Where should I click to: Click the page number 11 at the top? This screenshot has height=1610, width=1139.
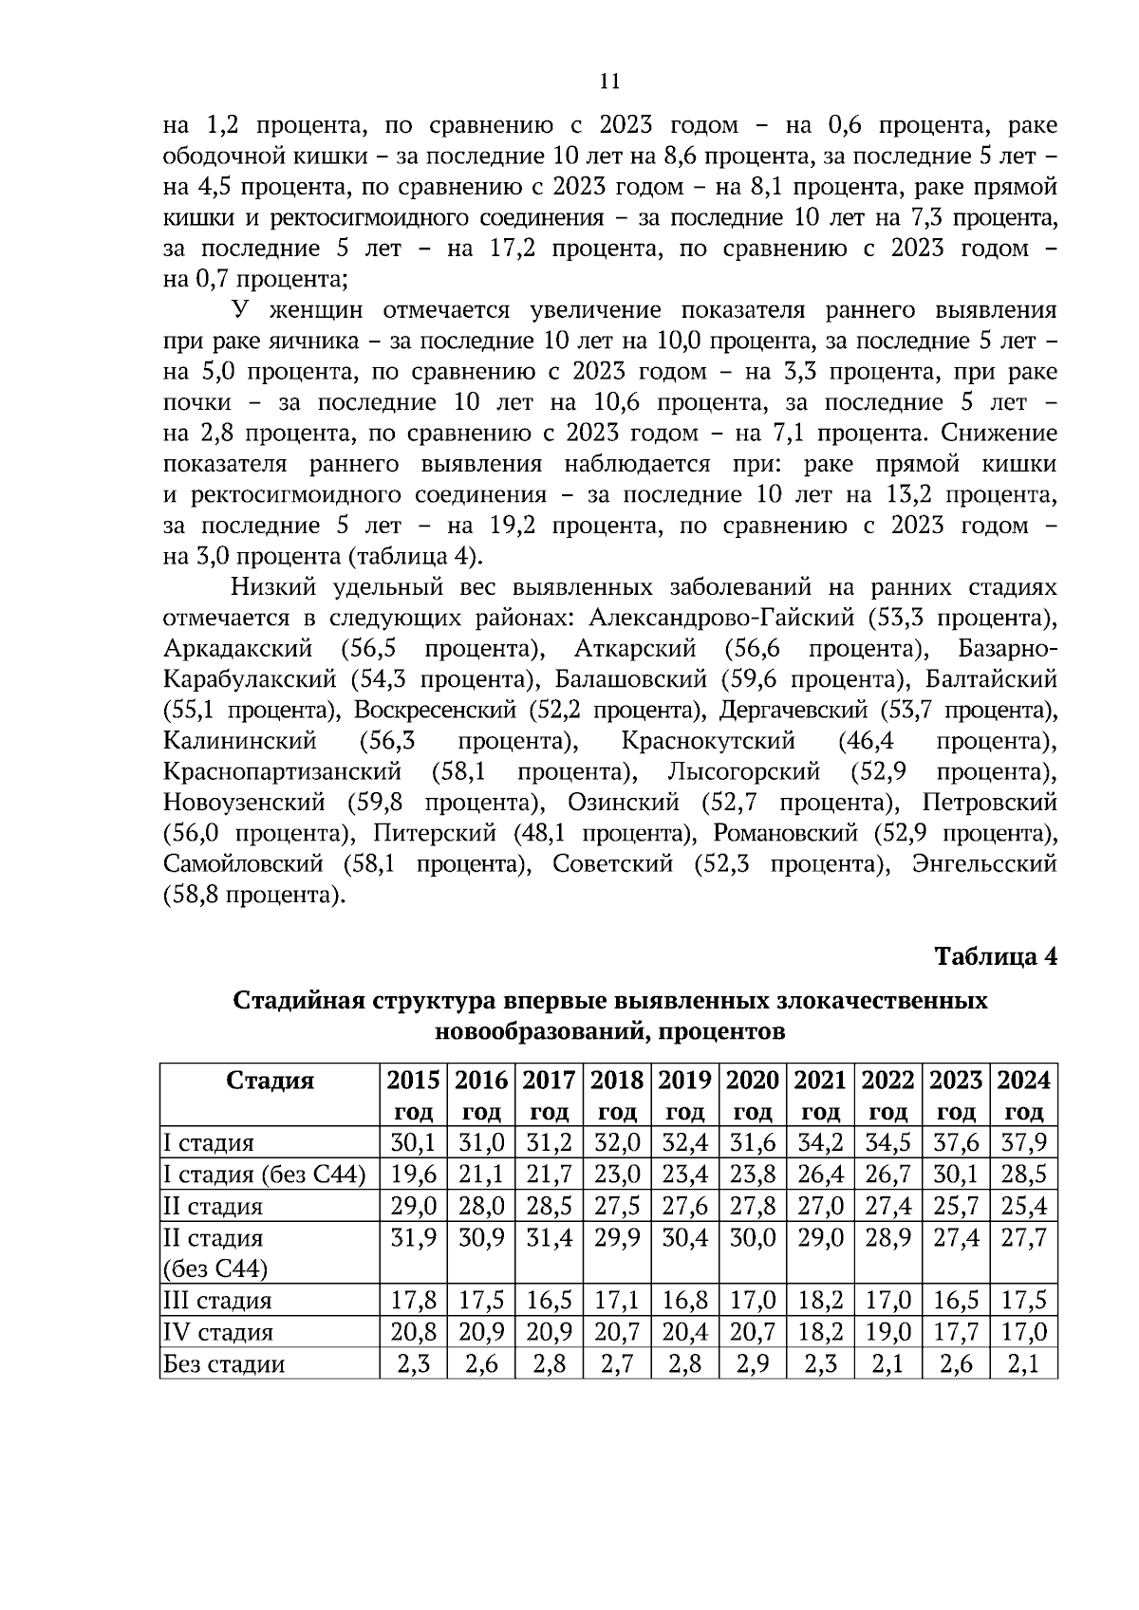click(610, 82)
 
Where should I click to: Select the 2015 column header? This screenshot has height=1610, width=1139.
click(413, 1095)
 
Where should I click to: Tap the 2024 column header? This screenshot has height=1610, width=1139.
click(1023, 1095)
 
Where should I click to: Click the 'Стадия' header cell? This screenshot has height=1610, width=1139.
click(271, 1081)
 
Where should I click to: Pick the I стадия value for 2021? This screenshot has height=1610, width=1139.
click(820, 1142)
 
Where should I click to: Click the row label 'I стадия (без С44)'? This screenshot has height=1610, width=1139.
click(265, 1175)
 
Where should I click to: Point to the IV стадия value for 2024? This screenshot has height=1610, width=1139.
click(1023, 1331)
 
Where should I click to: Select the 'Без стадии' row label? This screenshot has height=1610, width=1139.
click(225, 1363)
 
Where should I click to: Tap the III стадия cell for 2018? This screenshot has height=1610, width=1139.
click(617, 1300)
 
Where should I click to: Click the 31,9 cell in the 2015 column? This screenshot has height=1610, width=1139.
click(413, 1237)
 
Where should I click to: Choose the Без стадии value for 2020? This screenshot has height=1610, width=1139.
click(753, 1363)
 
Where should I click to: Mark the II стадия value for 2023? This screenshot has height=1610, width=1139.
click(956, 1206)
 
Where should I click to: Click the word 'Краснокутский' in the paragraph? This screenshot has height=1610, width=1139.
click(708, 740)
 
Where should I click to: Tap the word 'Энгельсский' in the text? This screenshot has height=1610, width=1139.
click(983, 864)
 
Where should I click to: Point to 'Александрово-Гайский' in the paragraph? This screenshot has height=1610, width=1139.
click(720, 618)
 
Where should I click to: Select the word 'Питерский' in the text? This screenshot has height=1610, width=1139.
click(435, 833)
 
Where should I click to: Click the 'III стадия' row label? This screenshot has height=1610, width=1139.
click(218, 1300)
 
